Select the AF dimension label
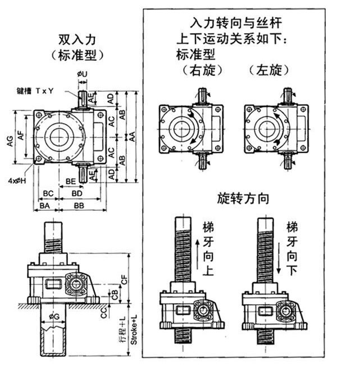pyautogui.click(x=22, y=135)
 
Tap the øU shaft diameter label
pyautogui.click(x=81, y=73)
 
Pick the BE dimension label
pyautogui.click(x=71, y=181)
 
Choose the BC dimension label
pyautogui.click(x=48, y=193)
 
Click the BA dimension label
pyautogui.click(x=45, y=206)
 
